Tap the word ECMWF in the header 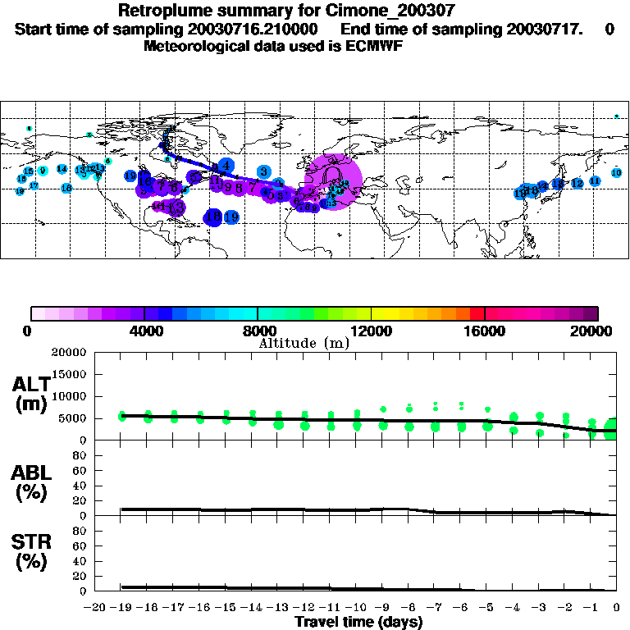(x=376, y=46)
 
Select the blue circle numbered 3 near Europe (x=263, y=171)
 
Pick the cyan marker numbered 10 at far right (x=616, y=172)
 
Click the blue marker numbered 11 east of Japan (x=595, y=180)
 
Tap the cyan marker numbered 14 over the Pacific (x=62, y=169)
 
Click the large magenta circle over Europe (x=332, y=180)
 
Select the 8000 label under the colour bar (x=258, y=331)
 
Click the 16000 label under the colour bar (x=486, y=331)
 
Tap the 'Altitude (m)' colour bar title (x=304, y=343)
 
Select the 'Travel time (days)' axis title (x=358, y=622)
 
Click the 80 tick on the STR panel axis (x=79, y=531)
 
